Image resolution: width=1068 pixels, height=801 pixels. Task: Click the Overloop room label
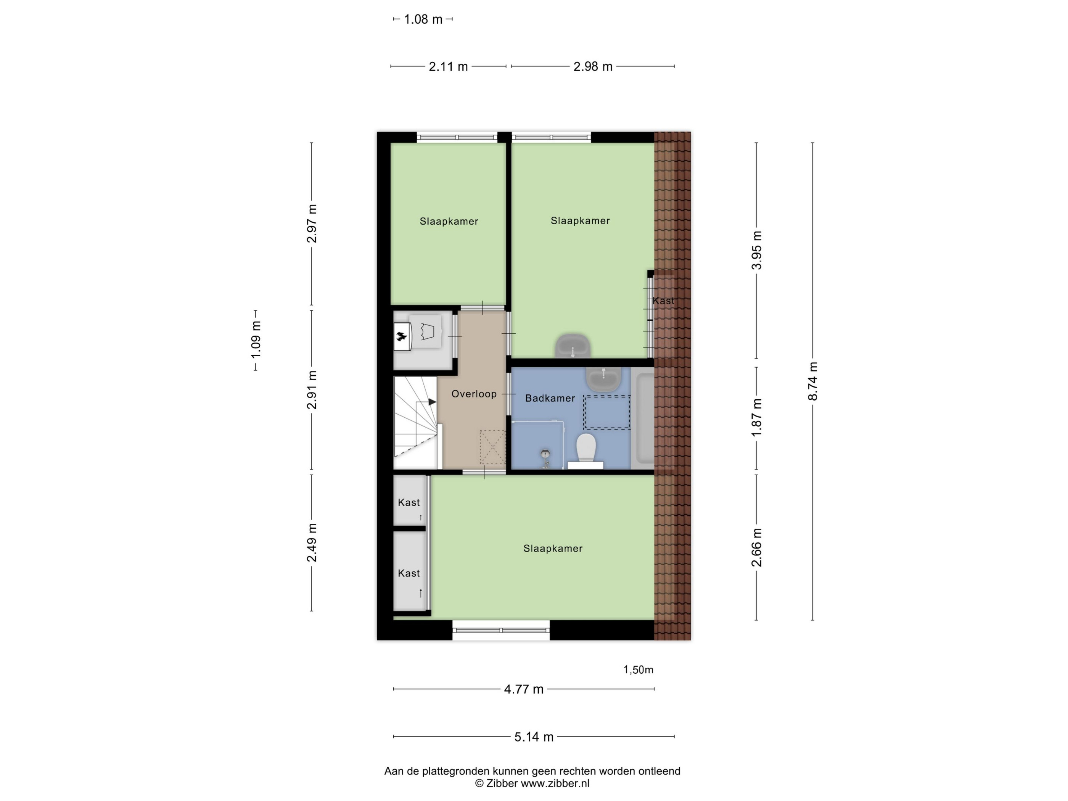click(474, 394)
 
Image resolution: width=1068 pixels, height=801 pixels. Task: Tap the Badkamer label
click(550, 398)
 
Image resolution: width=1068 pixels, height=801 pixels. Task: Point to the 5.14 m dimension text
click(534, 737)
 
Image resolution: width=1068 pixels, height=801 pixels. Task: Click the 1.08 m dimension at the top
click(423, 19)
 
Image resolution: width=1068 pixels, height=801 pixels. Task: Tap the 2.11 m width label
click(448, 67)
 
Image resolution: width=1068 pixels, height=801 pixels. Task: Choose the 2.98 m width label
click(592, 67)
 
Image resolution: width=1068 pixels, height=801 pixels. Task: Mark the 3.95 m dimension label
click(757, 250)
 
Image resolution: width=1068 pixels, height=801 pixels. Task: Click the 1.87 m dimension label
click(757, 418)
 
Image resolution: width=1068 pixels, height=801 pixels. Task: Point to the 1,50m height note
click(638, 670)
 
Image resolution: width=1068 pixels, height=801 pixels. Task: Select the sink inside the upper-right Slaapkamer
click(573, 346)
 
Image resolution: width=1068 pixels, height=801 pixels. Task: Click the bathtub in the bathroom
click(643, 418)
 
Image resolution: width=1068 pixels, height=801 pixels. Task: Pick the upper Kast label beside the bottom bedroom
click(409, 503)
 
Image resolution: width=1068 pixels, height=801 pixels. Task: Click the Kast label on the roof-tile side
click(663, 301)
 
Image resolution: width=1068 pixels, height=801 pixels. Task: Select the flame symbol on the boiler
click(401, 336)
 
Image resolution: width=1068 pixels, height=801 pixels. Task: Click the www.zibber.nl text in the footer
click(555, 783)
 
